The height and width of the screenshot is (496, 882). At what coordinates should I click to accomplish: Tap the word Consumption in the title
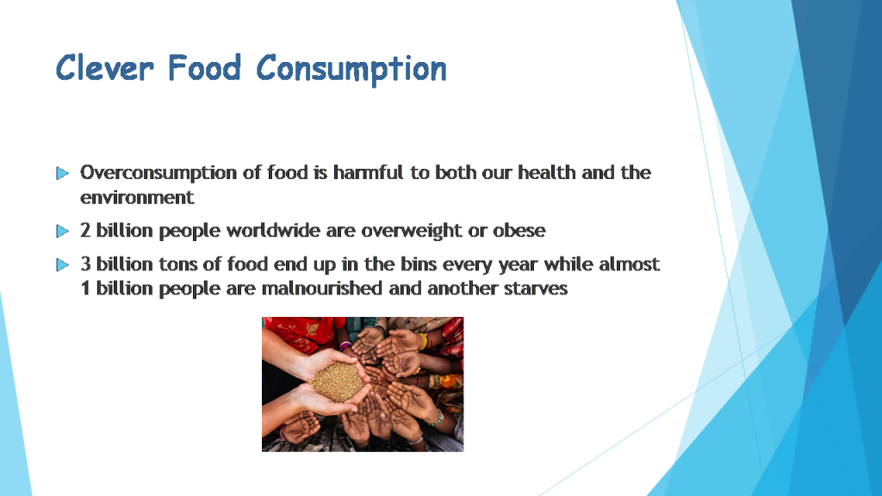click(x=351, y=69)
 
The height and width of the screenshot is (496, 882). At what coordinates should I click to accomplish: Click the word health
click(x=541, y=172)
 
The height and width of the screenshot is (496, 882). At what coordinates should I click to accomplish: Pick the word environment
click(x=137, y=197)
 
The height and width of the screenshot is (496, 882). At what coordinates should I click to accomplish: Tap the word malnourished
click(x=317, y=288)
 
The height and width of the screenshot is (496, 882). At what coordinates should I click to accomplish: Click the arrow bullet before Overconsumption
click(x=62, y=174)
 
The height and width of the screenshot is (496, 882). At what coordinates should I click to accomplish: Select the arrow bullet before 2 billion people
click(x=62, y=232)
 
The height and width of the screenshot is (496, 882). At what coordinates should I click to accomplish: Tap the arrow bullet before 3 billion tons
click(x=62, y=265)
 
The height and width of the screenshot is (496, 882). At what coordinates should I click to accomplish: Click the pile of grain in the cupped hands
click(x=336, y=381)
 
